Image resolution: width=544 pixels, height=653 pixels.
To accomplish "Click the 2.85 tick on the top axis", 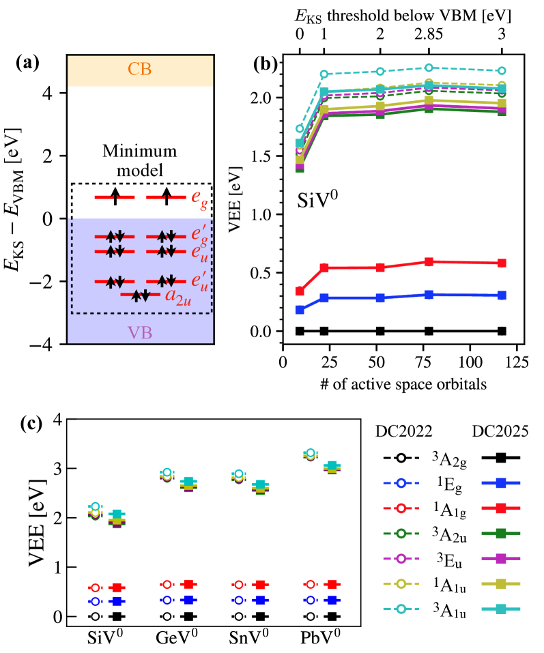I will [x=429, y=32].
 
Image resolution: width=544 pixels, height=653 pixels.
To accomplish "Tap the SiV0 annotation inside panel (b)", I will [x=319, y=201].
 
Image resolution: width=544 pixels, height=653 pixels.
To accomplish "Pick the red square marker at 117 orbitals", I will [x=502, y=263].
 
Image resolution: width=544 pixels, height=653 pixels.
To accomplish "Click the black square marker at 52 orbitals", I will [x=380, y=331].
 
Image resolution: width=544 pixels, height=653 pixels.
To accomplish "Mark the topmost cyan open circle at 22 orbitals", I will [x=324, y=74].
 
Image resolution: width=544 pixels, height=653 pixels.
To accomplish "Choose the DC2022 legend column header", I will [x=403, y=433].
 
